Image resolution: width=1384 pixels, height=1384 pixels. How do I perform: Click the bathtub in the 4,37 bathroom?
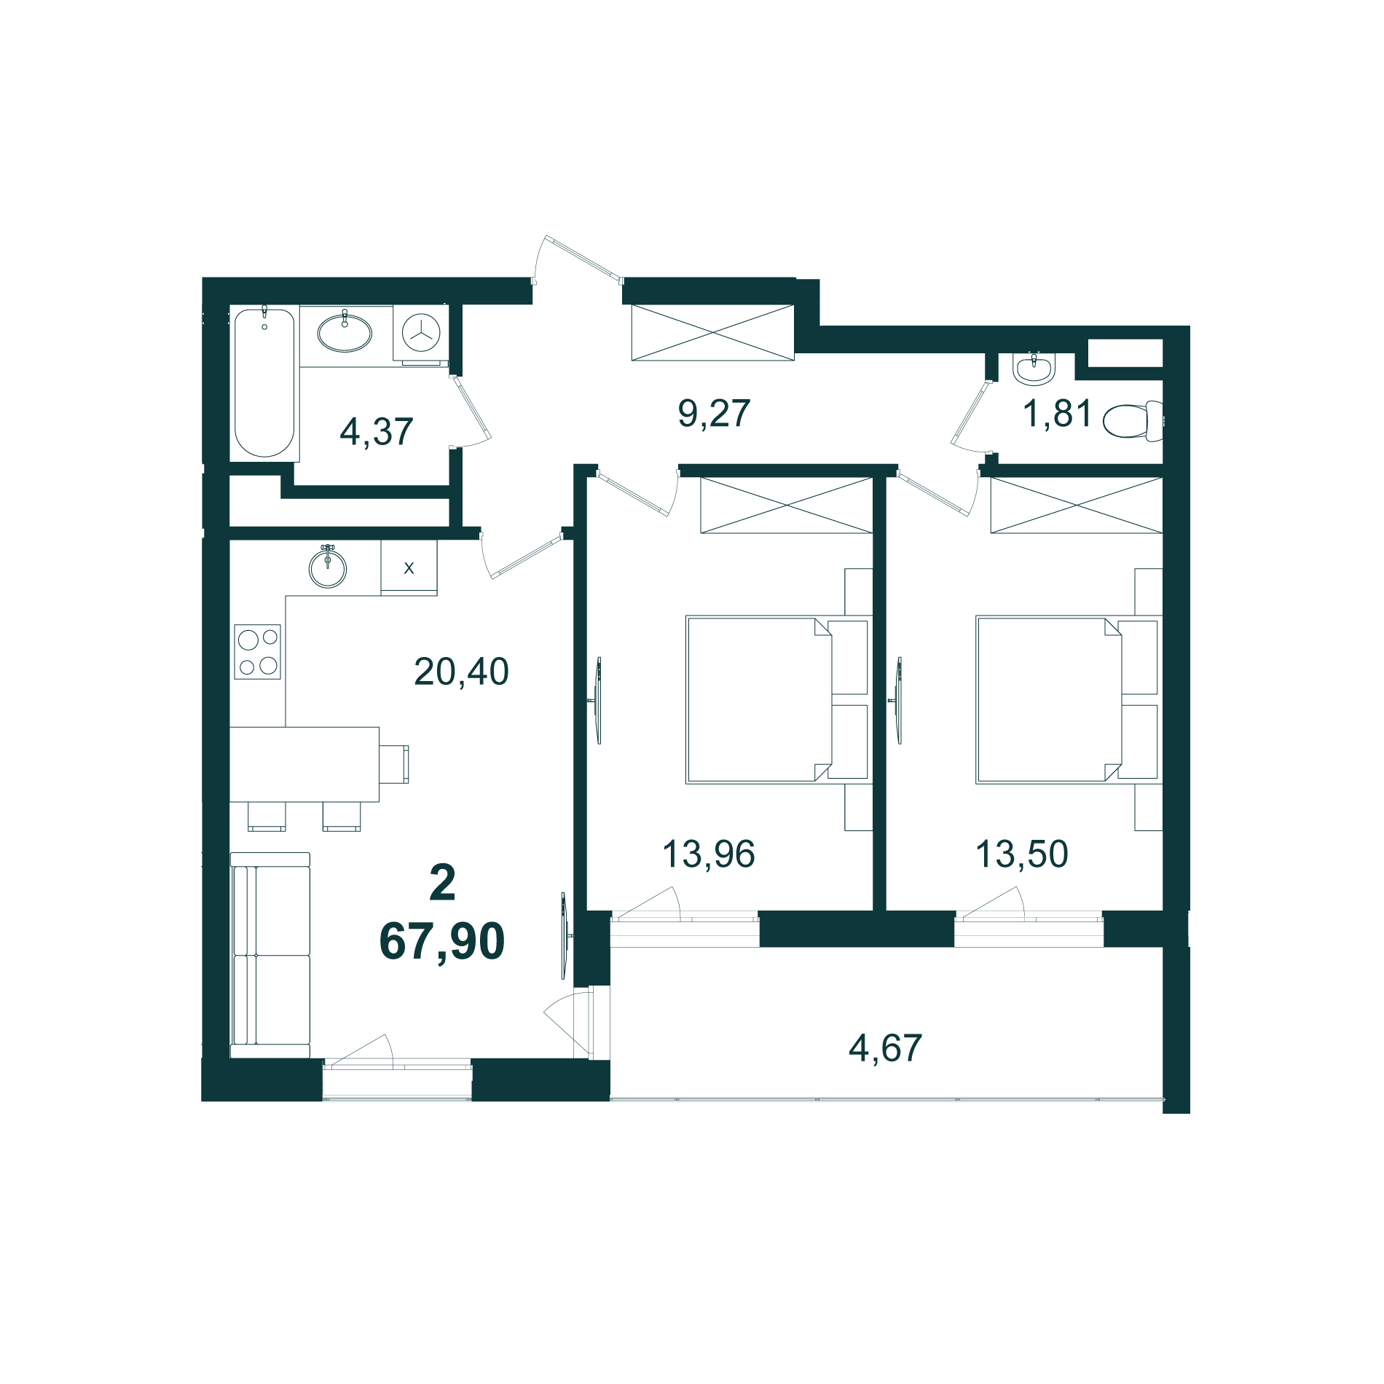[264, 382]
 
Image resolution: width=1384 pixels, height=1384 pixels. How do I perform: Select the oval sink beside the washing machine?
[345, 332]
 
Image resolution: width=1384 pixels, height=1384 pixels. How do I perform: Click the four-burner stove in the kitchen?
[257, 651]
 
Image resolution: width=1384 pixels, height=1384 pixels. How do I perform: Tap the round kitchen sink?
[328, 567]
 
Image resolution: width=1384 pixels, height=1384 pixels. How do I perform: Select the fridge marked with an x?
[409, 567]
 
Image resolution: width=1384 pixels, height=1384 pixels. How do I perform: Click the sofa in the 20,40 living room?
[270, 955]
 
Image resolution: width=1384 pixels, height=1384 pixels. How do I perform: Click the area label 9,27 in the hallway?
[714, 413]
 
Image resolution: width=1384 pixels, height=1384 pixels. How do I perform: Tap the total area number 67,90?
[442, 941]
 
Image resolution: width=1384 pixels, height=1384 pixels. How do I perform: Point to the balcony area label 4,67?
[885, 1048]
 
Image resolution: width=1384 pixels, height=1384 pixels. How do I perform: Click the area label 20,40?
[461, 672]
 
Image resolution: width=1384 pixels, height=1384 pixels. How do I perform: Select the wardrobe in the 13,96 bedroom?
[787, 505]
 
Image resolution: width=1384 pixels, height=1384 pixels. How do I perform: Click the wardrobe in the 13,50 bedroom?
[1077, 505]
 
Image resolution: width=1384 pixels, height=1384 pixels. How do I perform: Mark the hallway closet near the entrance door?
[712, 332]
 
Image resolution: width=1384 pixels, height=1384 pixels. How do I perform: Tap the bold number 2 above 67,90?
[443, 883]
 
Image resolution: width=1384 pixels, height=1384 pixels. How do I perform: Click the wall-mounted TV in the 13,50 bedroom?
[897, 701]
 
